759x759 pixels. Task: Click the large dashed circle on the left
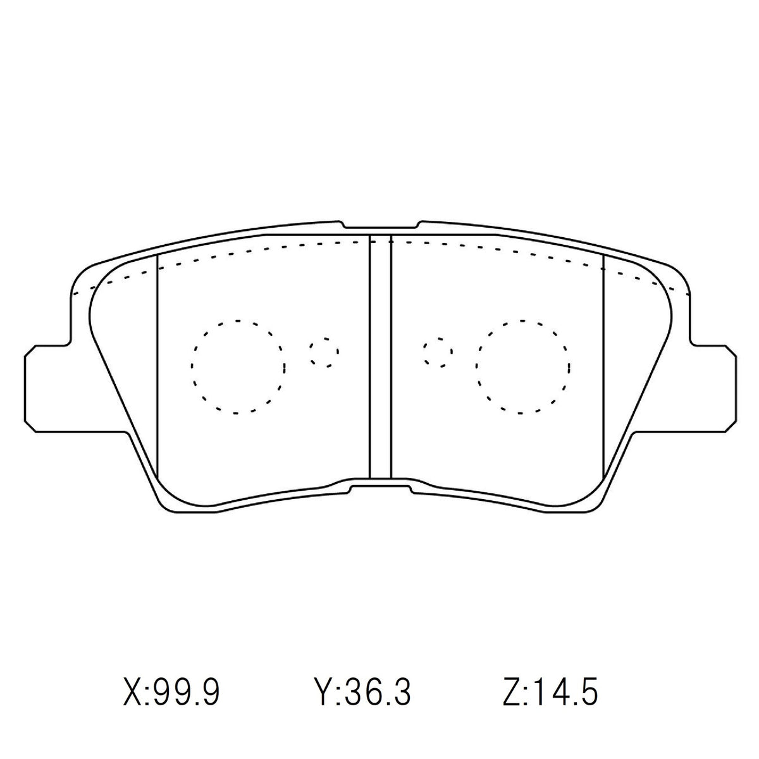(x=192, y=367)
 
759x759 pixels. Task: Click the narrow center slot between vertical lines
(x=381, y=357)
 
